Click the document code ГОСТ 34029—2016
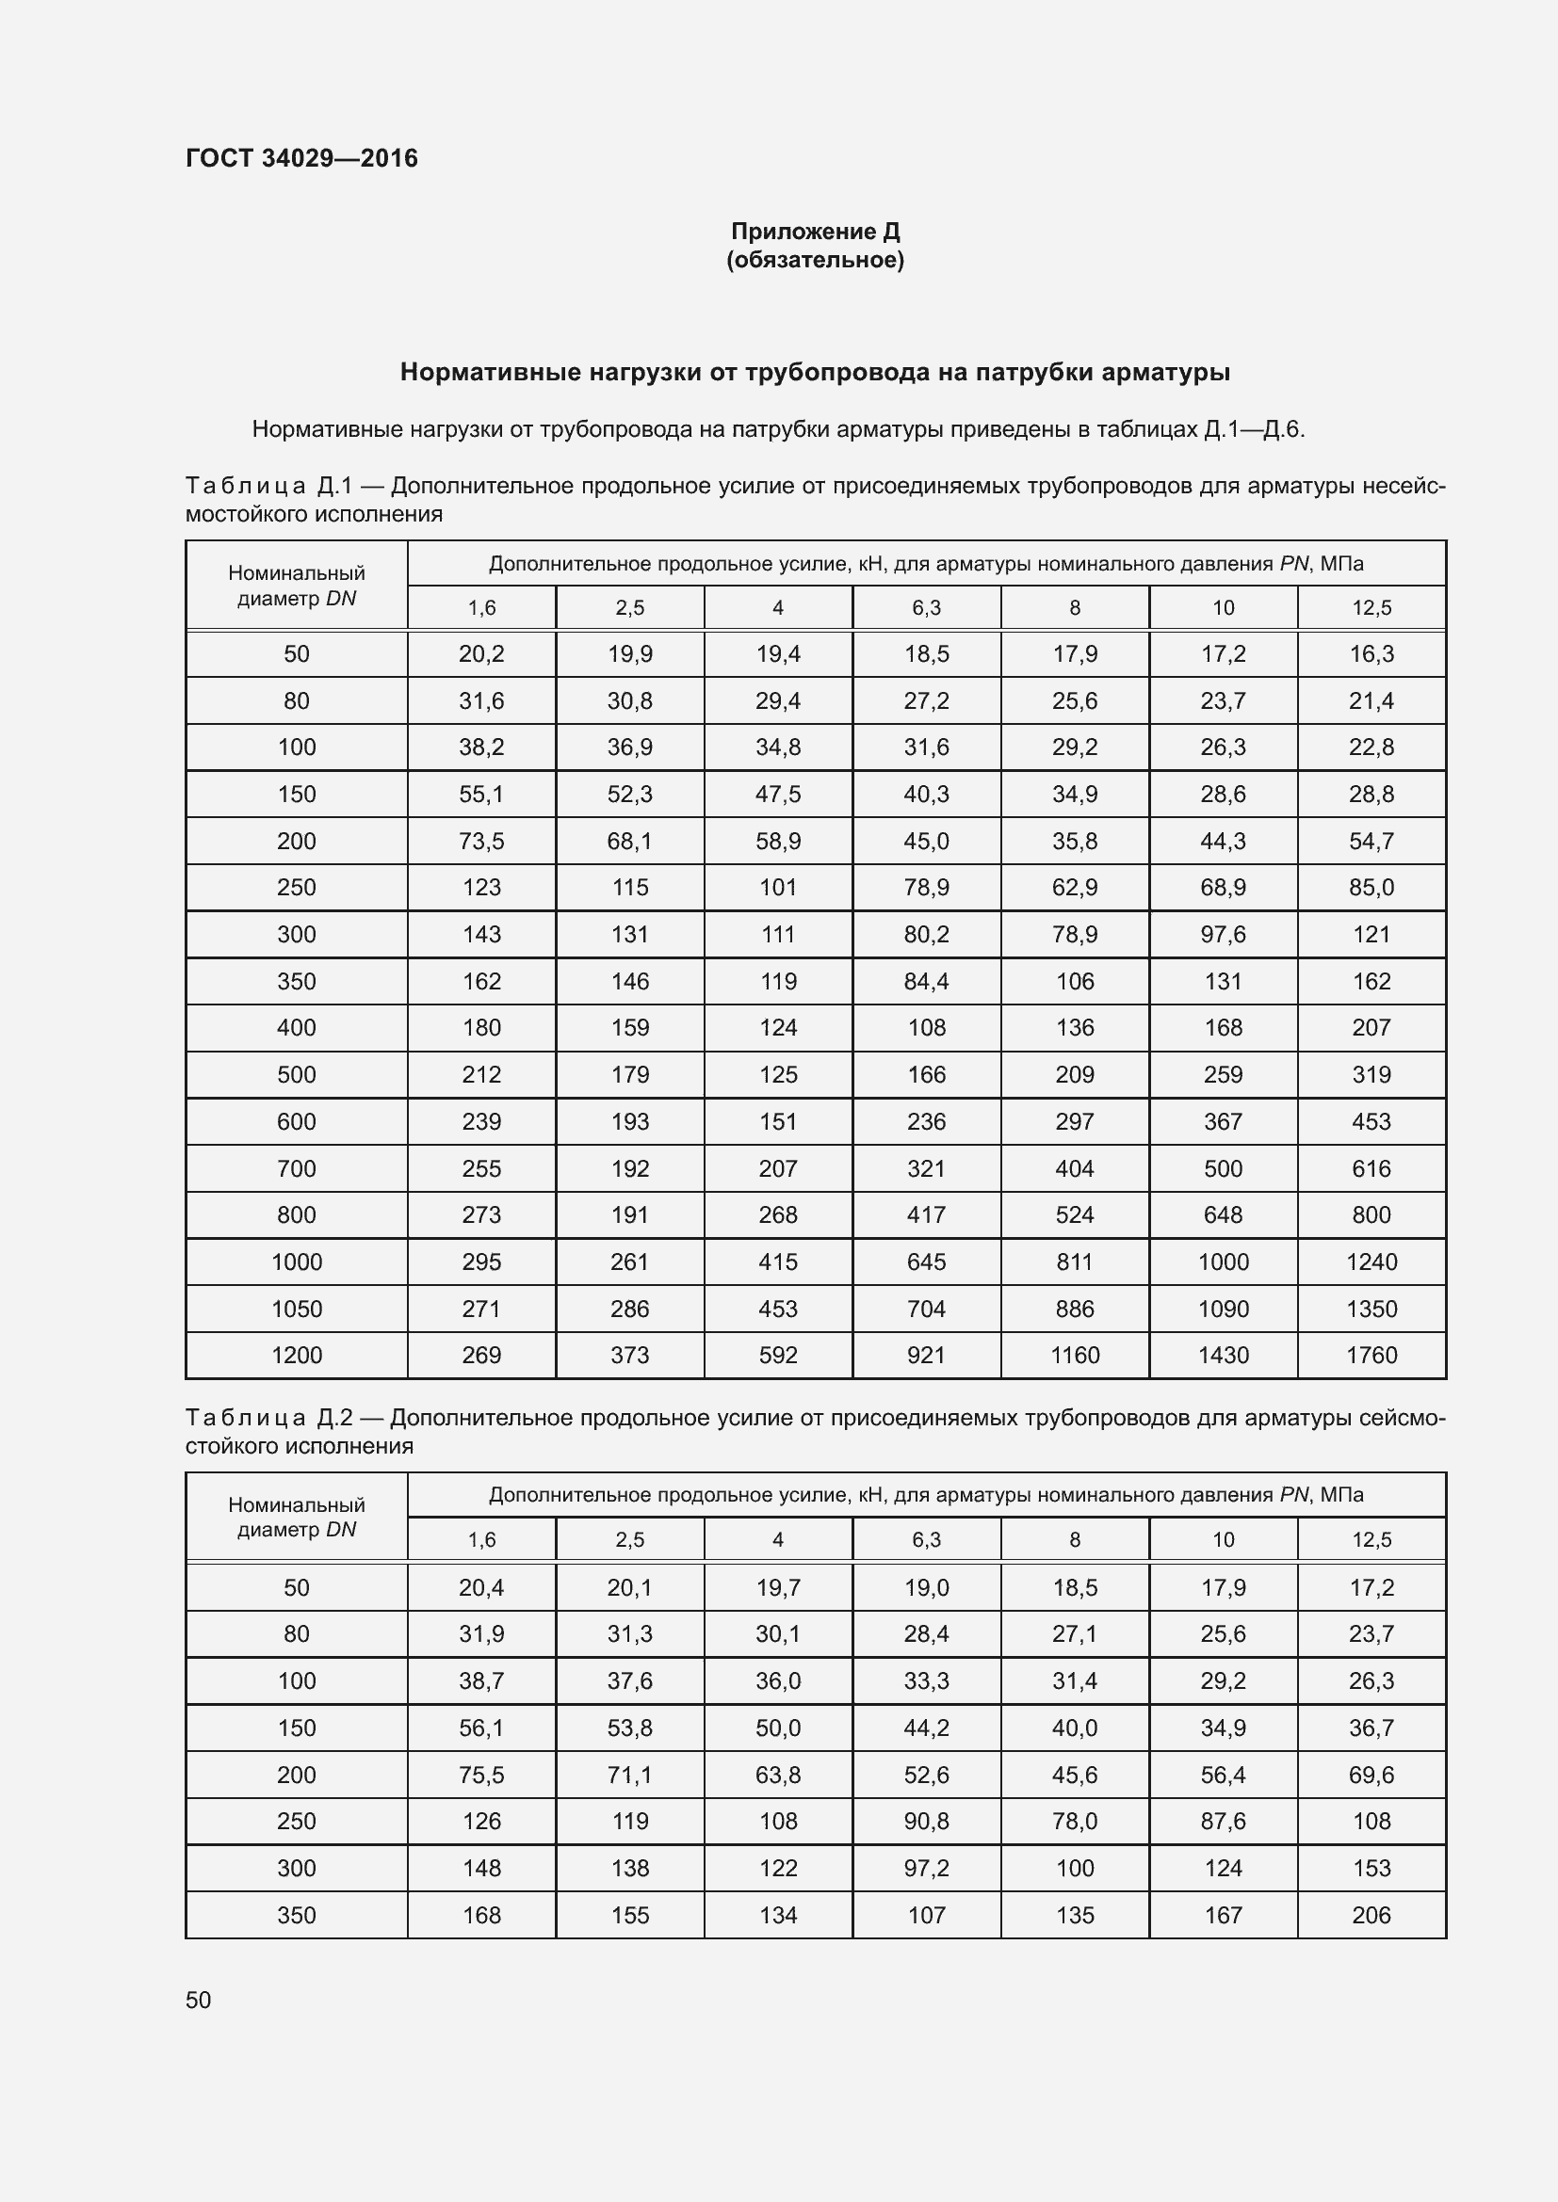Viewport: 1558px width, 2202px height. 301,158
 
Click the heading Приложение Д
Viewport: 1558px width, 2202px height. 815,232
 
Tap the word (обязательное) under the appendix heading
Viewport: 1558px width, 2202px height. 815,260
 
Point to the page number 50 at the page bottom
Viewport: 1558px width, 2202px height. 198,2000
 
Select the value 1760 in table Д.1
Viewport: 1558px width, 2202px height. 1371,1355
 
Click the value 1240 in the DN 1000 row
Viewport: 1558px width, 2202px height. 1371,1262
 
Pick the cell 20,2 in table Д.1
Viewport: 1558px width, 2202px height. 480,654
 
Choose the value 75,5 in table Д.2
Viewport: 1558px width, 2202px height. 480,1775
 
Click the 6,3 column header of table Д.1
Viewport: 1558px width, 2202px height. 926,608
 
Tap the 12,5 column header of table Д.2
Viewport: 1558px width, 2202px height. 1371,1540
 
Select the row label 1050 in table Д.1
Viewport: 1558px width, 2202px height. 297,1310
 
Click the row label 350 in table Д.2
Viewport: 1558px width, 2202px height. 297,1915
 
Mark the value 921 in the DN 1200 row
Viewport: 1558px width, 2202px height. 926,1355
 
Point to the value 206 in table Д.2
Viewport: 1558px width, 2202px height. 1371,1915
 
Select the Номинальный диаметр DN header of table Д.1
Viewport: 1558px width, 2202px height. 297,585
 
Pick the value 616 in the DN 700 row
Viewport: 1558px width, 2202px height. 1371,1168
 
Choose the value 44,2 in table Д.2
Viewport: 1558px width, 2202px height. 926,1728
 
